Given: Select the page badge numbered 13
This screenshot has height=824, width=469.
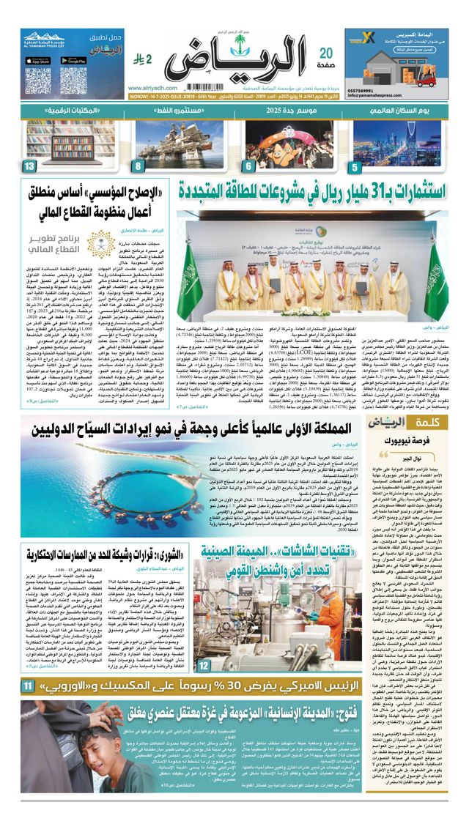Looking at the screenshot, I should click(29, 166).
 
